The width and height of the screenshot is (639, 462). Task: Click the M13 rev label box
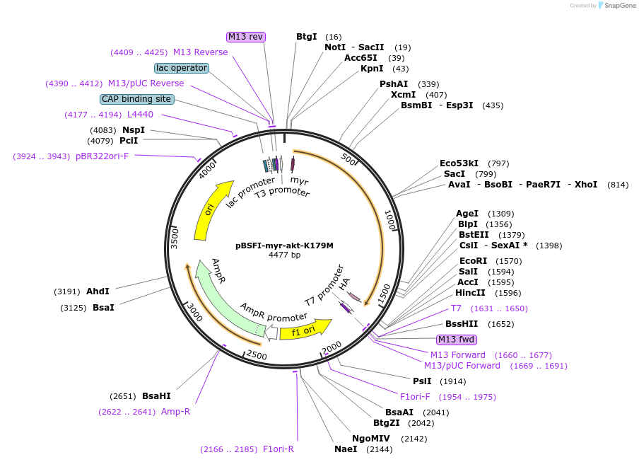(246, 36)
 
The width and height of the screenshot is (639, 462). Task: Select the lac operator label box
(182, 68)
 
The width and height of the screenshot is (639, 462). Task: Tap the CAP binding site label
(136, 99)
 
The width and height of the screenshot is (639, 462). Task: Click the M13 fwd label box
(456, 340)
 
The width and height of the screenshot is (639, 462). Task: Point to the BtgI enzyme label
(306, 36)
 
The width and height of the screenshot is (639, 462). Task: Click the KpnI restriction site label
(372, 69)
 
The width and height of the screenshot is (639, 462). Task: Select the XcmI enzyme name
(403, 94)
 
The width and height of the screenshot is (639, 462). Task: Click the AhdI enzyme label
(98, 291)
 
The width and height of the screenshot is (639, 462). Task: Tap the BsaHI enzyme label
(156, 396)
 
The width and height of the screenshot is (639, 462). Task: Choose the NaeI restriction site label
(346, 449)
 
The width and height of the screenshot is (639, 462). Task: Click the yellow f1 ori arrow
(305, 329)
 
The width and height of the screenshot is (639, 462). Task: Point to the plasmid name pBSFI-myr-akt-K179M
(284, 246)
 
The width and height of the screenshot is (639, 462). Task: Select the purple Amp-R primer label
(175, 411)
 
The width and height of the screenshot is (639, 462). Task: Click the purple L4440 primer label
(140, 115)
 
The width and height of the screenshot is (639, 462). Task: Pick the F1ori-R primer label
(278, 449)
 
